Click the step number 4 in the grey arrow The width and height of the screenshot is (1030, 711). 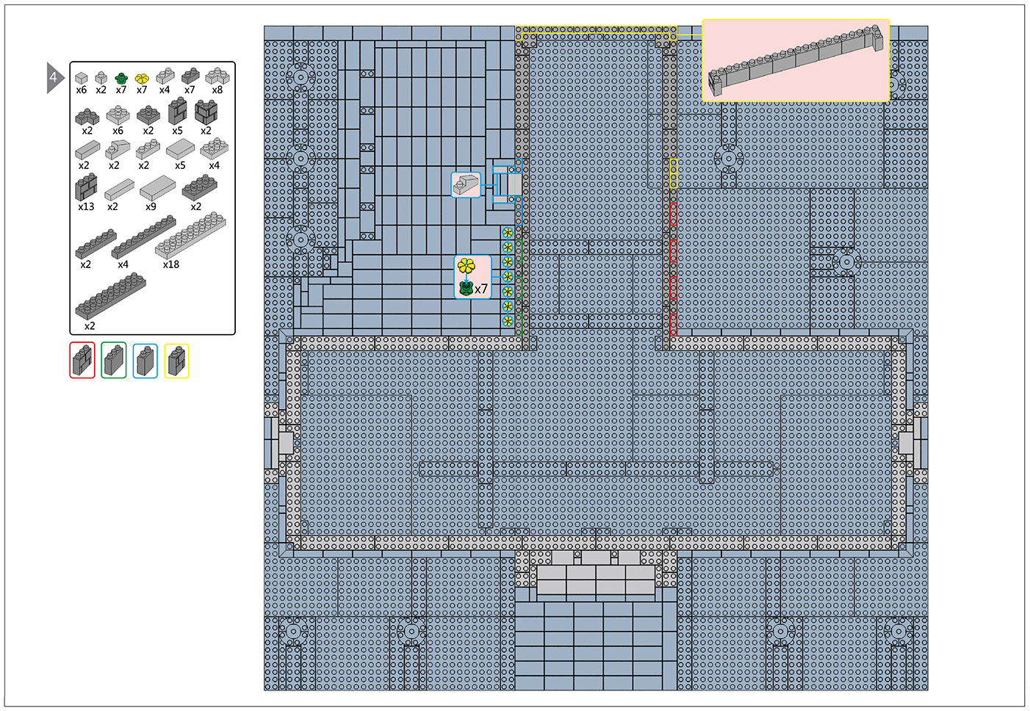(54, 77)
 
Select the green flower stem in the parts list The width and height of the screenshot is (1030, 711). (121, 78)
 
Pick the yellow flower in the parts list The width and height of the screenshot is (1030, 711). (142, 79)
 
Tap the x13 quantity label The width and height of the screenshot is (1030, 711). (86, 206)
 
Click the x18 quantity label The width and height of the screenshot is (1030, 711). (171, 264)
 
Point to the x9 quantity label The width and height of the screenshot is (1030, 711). (151, 206)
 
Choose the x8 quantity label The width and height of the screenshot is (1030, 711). (217, 90)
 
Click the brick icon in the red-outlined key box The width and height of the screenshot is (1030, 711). (82, 361)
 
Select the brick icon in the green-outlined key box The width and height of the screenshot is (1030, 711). (114, 361)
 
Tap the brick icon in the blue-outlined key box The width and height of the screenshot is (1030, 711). (145, 361)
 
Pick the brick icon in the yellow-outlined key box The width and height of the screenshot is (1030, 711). (176, 361)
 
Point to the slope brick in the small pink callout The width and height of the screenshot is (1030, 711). (465, 185)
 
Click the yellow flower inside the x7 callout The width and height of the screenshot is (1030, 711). (467, 266)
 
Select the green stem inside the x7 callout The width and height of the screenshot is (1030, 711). (467, 289)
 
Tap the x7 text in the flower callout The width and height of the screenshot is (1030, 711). (481, 289)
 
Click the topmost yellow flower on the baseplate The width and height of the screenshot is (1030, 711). (508, 233)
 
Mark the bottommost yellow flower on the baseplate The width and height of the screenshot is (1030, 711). (508, 321)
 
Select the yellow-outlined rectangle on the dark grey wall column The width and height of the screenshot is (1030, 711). (673, 173)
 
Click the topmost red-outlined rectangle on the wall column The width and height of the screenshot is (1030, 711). (673, 214)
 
